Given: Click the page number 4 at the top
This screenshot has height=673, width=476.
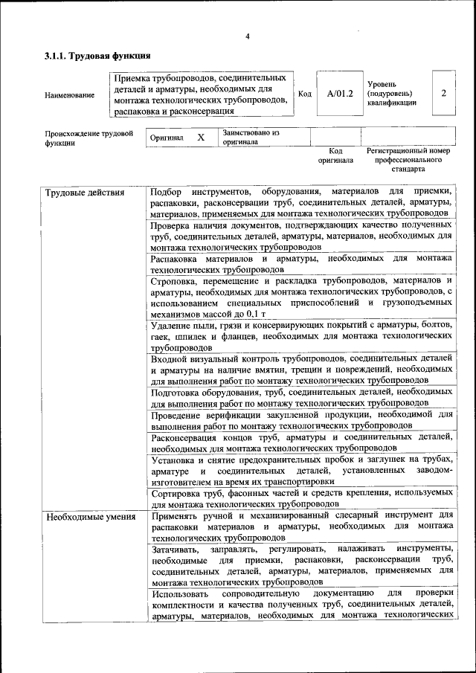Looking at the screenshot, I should click(x=248, y=36).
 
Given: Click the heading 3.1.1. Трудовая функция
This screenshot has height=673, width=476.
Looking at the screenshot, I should click(x=97, y=56).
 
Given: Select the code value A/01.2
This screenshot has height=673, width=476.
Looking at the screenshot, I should click(x=339, y=94).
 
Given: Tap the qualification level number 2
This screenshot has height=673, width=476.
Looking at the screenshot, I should click(x=443, y=94).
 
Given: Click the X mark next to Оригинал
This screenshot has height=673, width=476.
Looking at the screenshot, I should click(x=200, y=138).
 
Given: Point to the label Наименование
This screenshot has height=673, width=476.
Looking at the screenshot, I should click(x=70, y=94).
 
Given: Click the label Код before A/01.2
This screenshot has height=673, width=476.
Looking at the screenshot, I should click(x=305, y=94).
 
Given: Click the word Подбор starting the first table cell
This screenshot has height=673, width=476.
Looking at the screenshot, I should click(x=166, y=193).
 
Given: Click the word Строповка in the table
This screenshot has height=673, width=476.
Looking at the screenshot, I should click(x=176, y=283).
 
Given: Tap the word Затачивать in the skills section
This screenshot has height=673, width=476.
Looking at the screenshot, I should click(x=177, y=548).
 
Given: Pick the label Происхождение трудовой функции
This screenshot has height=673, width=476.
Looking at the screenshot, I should click(x=89, y=138).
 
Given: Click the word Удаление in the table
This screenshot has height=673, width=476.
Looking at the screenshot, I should click(x=173, y=326).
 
